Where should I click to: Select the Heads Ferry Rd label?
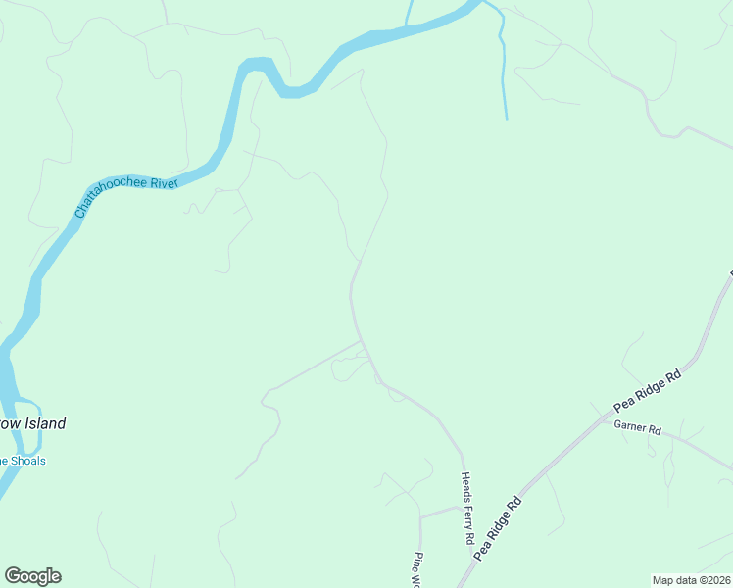tap(467, 507)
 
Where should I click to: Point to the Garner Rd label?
tap(638, 429)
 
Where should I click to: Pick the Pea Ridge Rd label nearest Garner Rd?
tap(647, 390)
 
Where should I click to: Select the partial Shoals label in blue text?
tap(24, 461)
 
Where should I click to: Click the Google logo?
tap(32, 576)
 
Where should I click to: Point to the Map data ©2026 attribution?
tap(691, 579)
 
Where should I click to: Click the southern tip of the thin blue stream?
tap(507, 119)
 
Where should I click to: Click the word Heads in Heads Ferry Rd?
tap(466, 484)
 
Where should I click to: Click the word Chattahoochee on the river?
tap(110, 195)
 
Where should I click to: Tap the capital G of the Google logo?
tap(13, 576)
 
